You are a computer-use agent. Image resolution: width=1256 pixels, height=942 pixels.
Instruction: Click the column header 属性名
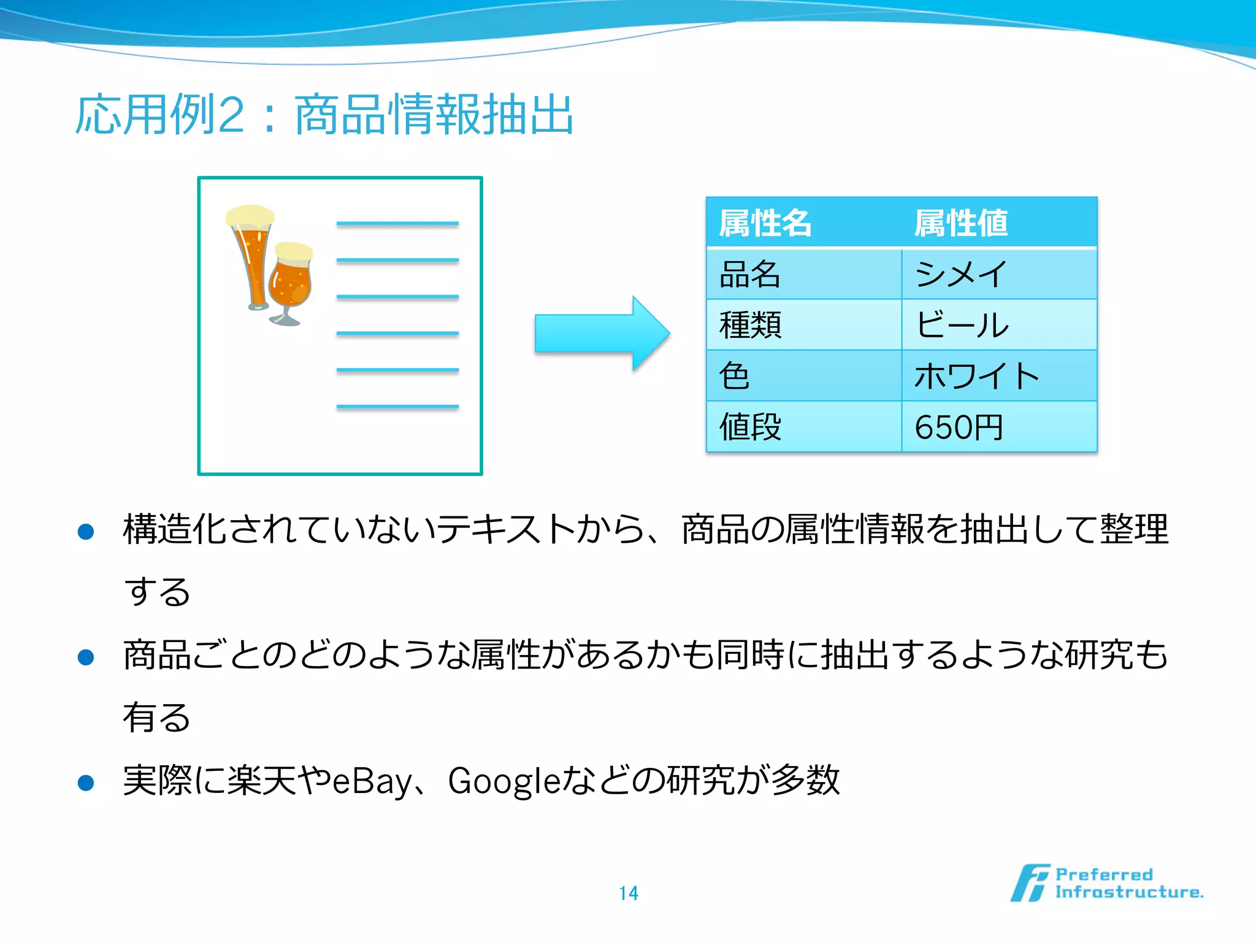coord(765,223)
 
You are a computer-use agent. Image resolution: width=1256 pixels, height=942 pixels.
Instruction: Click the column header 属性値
coord(960,223)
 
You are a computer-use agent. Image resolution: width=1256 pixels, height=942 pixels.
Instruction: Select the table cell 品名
coord(749,274)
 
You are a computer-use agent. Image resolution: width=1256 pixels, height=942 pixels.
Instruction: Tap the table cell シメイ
coord(960,274)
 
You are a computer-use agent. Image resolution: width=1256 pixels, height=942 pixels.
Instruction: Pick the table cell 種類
coord(750,325)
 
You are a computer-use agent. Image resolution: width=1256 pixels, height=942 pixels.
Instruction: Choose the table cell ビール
coord(962,325)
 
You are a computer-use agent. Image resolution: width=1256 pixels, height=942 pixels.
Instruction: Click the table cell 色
coord(734,376)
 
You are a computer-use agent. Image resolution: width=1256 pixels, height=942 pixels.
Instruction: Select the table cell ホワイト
coord(976,376)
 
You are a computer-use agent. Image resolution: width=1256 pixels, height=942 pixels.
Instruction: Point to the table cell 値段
coord(750,427)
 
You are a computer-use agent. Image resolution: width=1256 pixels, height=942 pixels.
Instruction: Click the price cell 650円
coord(959,427)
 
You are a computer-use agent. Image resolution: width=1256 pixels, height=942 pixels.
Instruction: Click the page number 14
coord(628,893)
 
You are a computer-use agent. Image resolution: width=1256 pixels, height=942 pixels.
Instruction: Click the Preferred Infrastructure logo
coord(1106,883)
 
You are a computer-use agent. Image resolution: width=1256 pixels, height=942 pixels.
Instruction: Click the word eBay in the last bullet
coord(371,781)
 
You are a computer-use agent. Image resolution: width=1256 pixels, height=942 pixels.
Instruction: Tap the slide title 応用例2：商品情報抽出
coord(324,115)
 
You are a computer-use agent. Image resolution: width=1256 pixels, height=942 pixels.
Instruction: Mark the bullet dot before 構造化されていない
coord(86,531)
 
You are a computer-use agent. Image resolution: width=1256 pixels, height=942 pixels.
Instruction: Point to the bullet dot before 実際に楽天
coord(86,783)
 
